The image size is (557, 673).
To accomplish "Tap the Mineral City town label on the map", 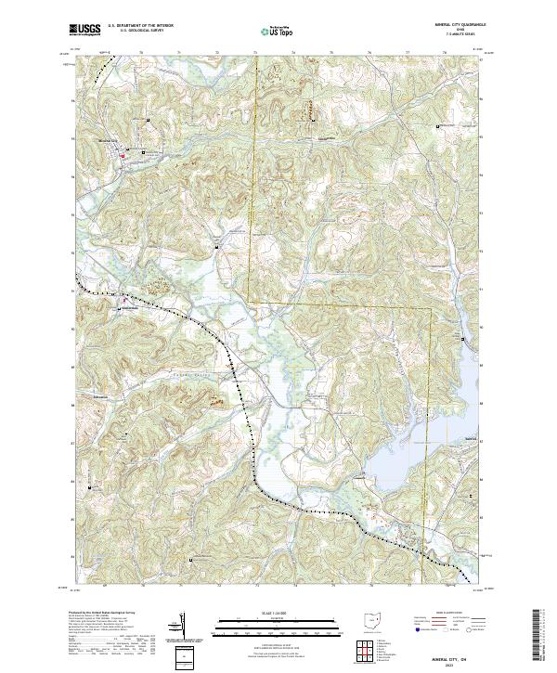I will tap(110, 140).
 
